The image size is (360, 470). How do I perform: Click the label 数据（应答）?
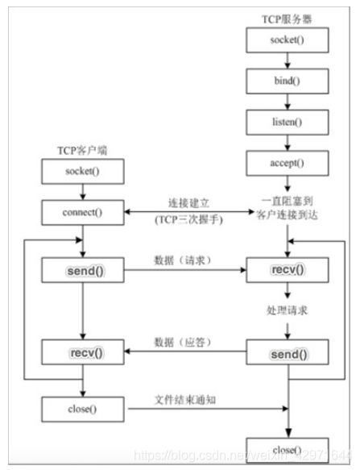click(x=184, y=343)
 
